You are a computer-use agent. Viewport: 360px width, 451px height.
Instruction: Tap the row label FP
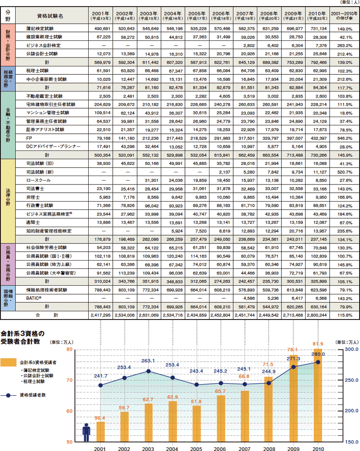[29, 138]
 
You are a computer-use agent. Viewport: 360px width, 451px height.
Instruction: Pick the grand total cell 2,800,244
[318, 314]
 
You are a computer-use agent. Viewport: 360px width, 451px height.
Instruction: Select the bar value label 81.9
[318, 344]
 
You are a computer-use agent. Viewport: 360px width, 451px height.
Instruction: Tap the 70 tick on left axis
[69, 380]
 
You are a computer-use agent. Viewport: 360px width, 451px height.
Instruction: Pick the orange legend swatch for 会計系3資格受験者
[9, 362]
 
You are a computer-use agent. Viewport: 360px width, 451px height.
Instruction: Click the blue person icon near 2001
[86, 433]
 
